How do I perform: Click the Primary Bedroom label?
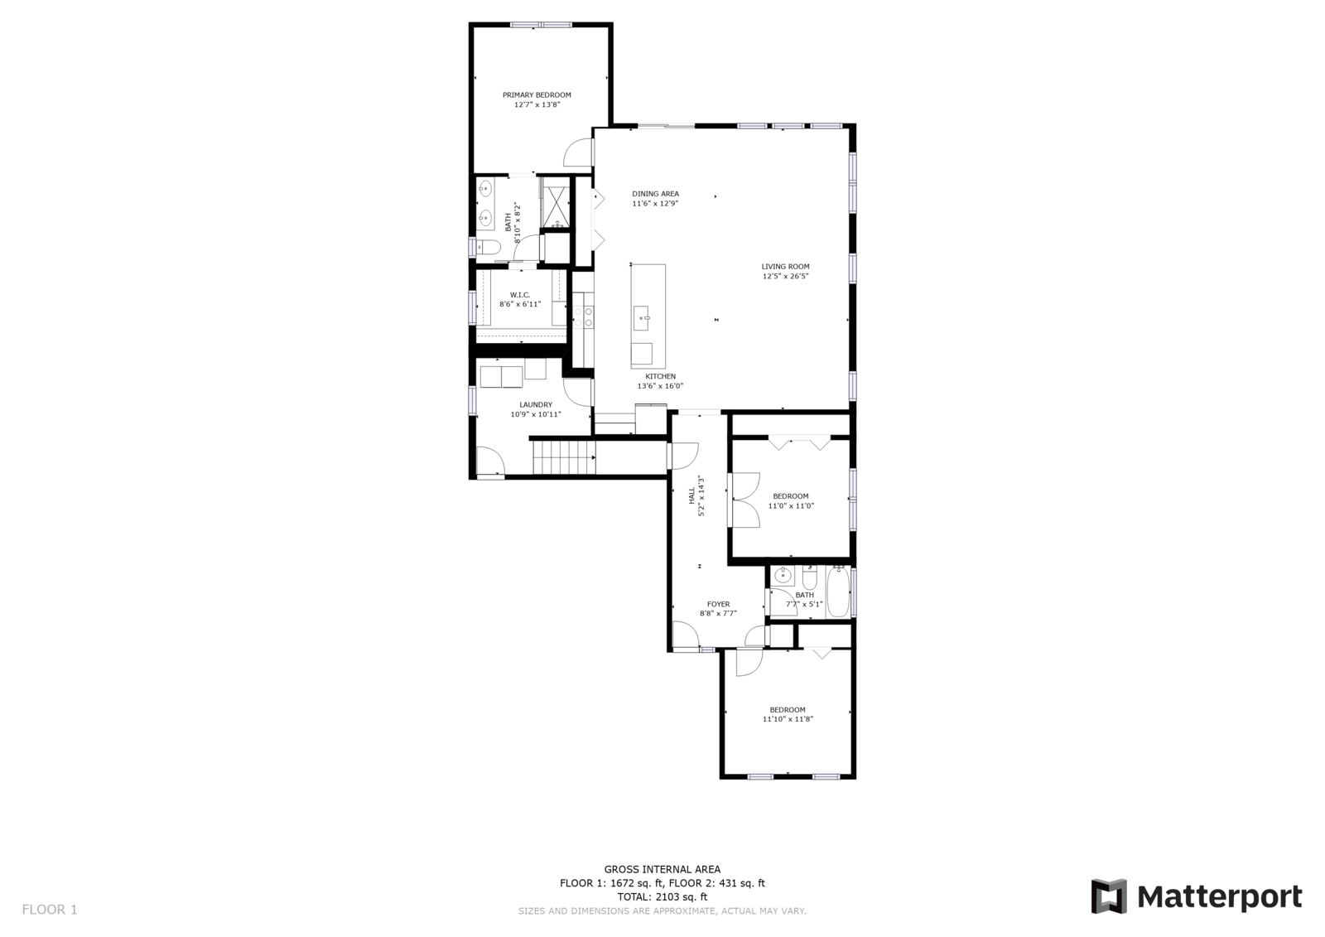[x=537, y=94]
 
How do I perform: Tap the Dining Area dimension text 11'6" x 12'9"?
[x=655, y=204]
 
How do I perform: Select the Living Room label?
[x=786, y=267]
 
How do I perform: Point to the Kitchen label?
[x=660, y=376]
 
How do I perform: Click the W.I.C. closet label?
[x=520, y=295]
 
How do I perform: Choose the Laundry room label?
[x=536, y=405]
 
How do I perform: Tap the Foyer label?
[x=718, y=604]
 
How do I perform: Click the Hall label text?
[x=691, y=496]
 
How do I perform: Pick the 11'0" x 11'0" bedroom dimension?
[x=791, y=506]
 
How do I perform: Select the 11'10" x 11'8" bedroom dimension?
[x=788, y=719]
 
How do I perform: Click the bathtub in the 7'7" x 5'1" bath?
[x=837, y=592]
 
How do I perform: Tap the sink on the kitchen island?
[x=641, y=318]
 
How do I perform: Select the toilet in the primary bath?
[x=489, y=247]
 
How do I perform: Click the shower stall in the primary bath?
[x=556, y=206]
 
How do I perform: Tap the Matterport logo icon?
[x=1109, y=896]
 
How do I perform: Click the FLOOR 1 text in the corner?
[x=50, y=910]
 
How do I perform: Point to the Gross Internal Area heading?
[x=662, y=870]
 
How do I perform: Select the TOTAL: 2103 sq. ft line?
[x=662, y=896]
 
